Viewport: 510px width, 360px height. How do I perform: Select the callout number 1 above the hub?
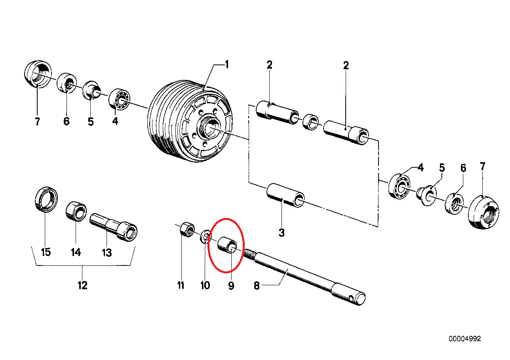[227, 64]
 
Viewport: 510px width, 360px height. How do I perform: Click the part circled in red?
[228, 245]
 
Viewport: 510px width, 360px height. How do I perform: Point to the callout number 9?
[231, 285]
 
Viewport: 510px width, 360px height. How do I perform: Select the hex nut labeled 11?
[186, 230]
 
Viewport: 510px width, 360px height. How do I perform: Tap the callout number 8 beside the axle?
[257, 285]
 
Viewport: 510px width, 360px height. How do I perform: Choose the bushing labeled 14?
[76, 211]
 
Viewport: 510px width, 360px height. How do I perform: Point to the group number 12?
[82, 285]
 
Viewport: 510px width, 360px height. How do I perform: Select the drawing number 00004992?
[464, 339]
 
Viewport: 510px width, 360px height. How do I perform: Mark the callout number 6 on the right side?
[463, 168]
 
